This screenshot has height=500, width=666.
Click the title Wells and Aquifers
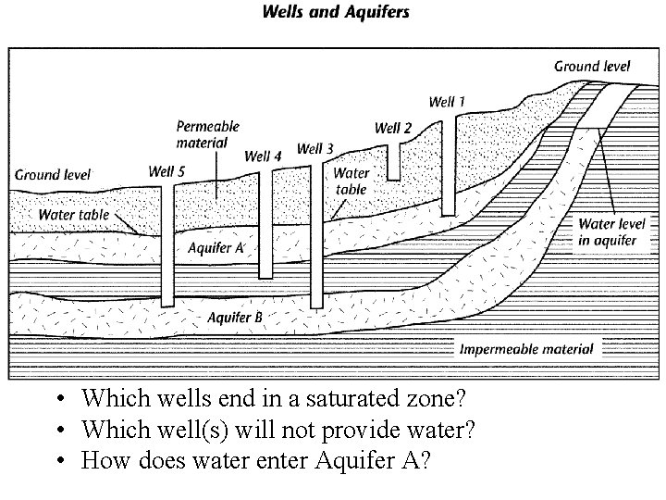336,13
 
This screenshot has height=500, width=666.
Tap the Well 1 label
448,101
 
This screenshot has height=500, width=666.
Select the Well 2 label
393,128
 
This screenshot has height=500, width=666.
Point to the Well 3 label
315,148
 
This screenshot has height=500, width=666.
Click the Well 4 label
263,156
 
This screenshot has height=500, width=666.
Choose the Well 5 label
166,170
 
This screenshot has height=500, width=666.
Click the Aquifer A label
216,248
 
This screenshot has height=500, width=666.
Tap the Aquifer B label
235,318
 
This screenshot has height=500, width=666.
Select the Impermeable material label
526,350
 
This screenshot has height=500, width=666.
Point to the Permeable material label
207,134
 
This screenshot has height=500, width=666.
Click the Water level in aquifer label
608,231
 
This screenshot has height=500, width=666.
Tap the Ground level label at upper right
592,66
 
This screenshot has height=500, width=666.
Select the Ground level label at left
53,174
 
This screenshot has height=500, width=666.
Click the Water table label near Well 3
351,181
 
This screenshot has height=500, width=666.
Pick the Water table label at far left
73,215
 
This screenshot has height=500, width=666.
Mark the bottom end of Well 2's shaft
394,178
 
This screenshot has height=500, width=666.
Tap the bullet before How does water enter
58,461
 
